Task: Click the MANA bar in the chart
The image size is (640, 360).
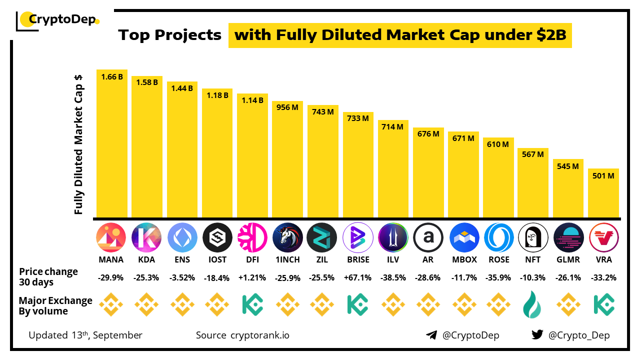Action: pos(112,145)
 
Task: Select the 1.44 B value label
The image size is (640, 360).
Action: pos(182,88)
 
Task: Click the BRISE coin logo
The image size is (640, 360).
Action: pos(358,237)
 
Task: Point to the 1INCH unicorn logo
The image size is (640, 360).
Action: pos(288,237)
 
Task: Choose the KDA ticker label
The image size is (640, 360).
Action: pos(146,259)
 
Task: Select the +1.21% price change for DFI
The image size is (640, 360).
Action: pos(253,277)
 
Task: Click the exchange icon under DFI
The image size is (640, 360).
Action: pos(253,304)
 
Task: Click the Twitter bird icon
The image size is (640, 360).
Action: pos(537,335)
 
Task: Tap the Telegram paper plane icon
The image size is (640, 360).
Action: pos(431,335)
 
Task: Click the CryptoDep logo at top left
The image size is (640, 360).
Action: pos(58,20)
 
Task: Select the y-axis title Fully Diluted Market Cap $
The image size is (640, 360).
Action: pos(78,145)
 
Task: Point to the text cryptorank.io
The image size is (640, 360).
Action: pos(259,335)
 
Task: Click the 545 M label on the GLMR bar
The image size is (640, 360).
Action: pos(568,165)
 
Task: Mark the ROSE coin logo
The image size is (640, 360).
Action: pos(499,237)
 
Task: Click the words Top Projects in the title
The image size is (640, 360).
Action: pos(170,35)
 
